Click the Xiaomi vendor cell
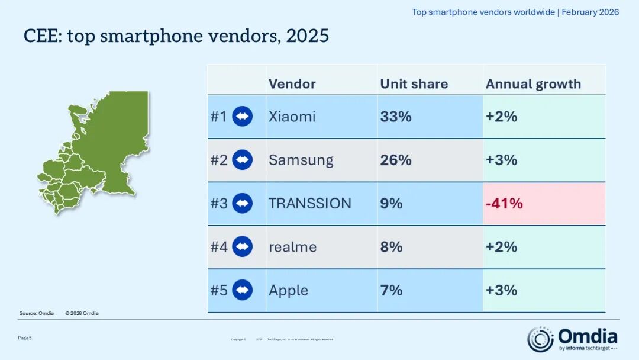point(292,117)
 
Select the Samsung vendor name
point(301,160)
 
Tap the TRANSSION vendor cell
point(309,204)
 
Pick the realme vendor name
point(292,247)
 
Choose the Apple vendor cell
point(288,290)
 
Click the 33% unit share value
point(396,117)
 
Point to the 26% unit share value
point(396,160)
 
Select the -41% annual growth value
point(504,204)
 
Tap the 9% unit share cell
point(391,204)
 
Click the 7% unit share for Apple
point(391,290)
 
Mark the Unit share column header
point(414,84)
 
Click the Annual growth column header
point(533,84)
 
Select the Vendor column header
point(292,84)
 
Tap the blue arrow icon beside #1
point(242,117)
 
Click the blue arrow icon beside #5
point(242,290)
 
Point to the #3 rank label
point(219,204)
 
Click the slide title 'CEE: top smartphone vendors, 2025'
point(176,36)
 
